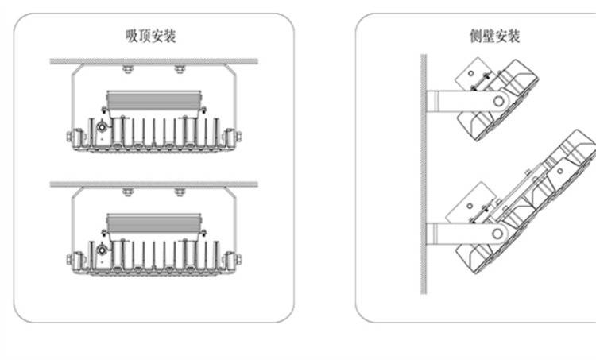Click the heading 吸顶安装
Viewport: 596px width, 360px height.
coord(151,36)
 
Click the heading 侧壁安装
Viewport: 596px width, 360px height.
coord(494,36)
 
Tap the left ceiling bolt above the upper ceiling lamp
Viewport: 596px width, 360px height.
coord(128,69)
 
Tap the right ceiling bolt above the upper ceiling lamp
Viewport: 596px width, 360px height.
coord(180,69)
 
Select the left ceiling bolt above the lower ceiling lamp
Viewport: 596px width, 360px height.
coord(128,192)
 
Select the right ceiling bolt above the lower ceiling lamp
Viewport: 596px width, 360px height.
coord(180,192)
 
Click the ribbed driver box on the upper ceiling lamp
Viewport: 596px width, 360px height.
coord(154,100)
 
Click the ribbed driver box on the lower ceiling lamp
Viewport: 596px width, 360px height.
coord(154,223)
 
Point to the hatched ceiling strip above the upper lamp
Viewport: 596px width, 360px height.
coord(154,61)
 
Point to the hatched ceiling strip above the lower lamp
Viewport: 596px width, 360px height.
coord(154,184)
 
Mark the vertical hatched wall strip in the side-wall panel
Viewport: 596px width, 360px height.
coord(424,174)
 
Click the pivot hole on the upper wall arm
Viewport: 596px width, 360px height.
coord(499,101)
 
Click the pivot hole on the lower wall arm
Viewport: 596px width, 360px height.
coord(498,233)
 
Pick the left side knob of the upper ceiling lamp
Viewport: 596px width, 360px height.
coord(70,137)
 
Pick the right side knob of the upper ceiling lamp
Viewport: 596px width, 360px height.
coord(238,137)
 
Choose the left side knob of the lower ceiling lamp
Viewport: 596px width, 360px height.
coord(70,260)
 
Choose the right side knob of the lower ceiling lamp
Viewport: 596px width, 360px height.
coord(238,260)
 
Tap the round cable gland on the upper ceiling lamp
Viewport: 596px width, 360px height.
coord(102,127)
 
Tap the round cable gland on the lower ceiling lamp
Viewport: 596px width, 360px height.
coord(102,250)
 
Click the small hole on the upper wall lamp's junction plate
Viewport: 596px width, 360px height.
coord(471,73)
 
